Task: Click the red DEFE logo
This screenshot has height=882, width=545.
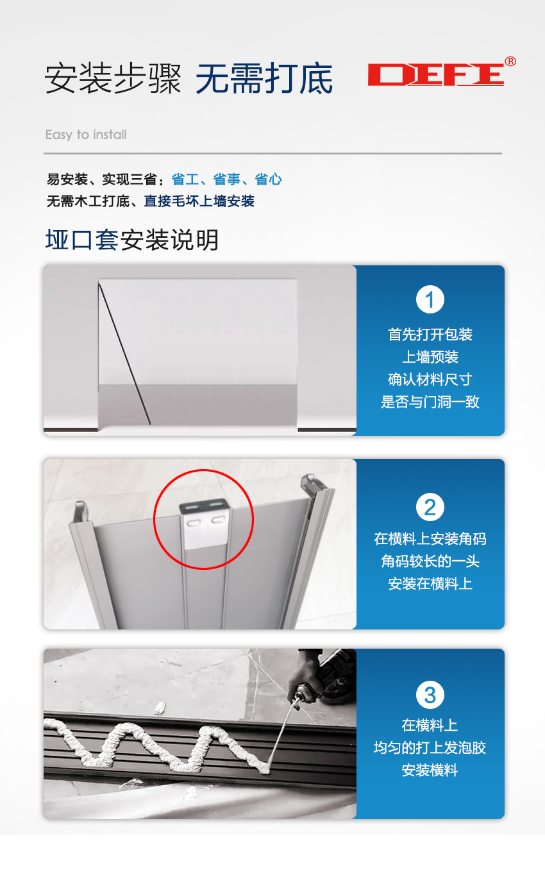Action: click(436, 74)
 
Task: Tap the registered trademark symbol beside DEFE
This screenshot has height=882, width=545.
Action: click(510, 62)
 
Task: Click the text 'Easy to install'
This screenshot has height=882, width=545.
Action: click(86, 135)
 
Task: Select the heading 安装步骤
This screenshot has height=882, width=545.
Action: click(113, 78)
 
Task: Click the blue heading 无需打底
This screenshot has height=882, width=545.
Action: click(264, 78)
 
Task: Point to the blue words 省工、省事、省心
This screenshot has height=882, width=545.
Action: click(227, 179)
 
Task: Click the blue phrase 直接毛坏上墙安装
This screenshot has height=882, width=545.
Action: click(199, 201)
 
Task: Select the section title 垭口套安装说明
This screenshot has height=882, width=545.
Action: click(132, 240)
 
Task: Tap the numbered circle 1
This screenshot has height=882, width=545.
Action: click(430, 299)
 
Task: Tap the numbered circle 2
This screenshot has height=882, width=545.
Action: click(430, 507)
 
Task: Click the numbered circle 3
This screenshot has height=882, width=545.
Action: click(430, 695)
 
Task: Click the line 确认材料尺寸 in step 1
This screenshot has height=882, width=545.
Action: click(430, 379)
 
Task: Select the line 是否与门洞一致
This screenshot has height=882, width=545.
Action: click(430, 402)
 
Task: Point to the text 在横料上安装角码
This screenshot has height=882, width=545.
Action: click(430, 538)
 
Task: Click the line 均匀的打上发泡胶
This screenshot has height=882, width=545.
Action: click(430, 748)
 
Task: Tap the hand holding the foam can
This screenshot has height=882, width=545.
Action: click(305, 673)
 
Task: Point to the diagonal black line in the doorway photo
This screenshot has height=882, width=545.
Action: click(124, 353)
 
